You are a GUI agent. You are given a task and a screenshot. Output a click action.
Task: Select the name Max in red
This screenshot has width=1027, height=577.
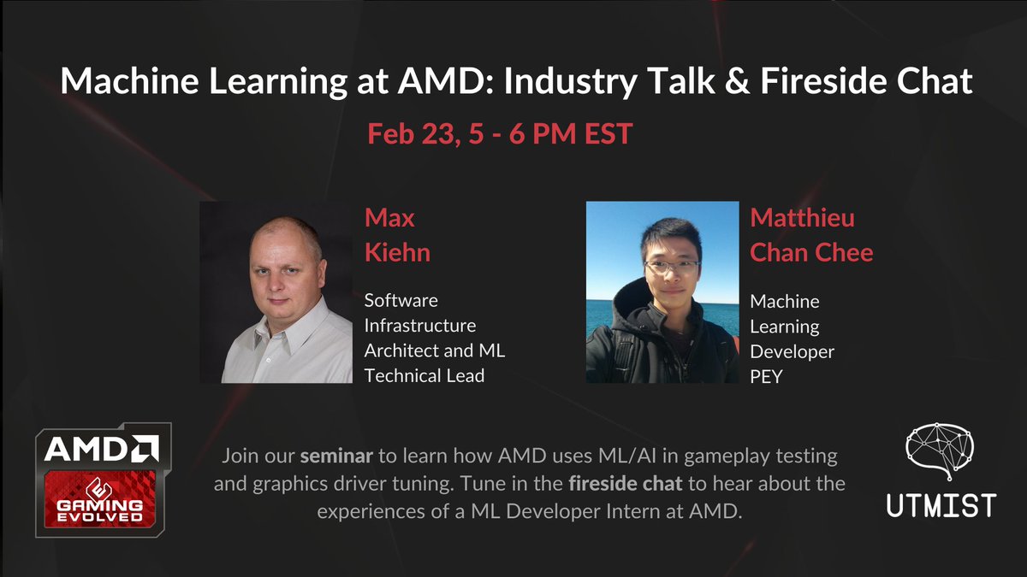(x=389, y=217)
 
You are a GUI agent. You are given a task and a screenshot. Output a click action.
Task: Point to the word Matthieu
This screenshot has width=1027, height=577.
(x=802, y=217)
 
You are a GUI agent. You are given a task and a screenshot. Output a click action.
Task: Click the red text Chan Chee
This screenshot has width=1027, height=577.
(x=811, y=254)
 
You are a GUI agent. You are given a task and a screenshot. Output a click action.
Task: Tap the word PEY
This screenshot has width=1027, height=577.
(x=766, y=376)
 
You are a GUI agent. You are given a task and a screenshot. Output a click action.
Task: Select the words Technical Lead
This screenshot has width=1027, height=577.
(x=424, y=376)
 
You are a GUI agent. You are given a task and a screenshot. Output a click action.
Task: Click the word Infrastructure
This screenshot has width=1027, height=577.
(x=420, y=326)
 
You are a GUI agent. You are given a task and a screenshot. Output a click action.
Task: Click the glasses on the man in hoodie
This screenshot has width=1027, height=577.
(x=672, y=266)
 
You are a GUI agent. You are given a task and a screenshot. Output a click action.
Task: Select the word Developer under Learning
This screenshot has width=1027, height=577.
(x=792, y=351)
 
